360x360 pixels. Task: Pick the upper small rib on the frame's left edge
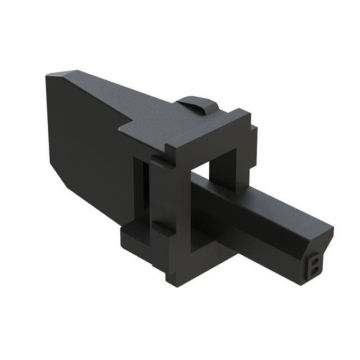[x=157, y=163]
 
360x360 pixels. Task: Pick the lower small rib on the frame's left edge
[x=160, y=228]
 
